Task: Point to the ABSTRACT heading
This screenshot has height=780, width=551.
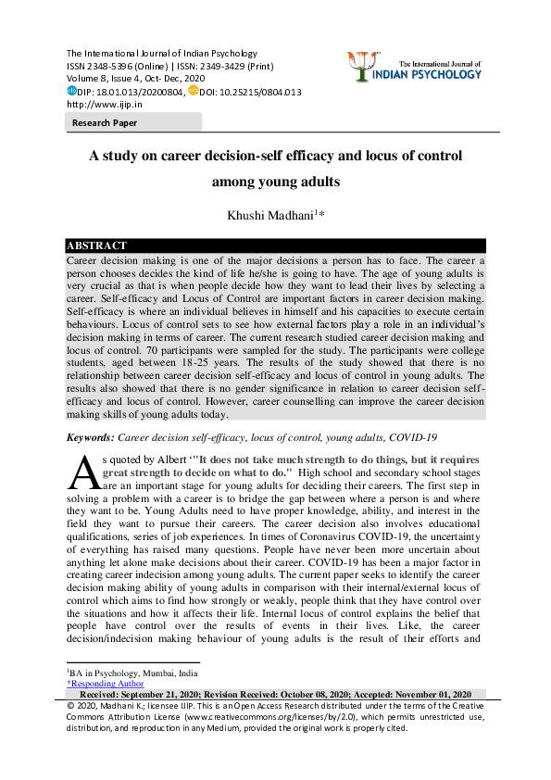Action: click(96, 246)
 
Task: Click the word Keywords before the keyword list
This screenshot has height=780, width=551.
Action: click(90, 436)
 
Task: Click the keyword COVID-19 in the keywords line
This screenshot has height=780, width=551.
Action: click(412, 436)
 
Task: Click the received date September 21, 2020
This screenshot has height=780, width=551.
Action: click(173, 695)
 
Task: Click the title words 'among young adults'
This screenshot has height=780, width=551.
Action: click(275, 182)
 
